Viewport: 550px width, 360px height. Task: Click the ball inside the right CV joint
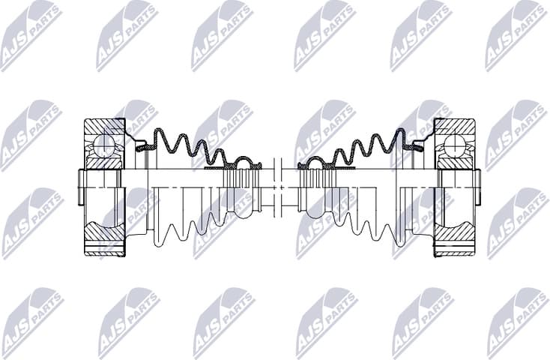[x=453, y=144]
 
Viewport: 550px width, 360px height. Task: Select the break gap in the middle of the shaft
[x=279, y=187]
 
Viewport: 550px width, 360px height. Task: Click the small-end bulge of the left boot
[x=246, y=162]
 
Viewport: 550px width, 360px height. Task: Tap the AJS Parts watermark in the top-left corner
[x=30, y=34]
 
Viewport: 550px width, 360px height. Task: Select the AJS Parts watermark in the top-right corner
[x=517, y=34]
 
